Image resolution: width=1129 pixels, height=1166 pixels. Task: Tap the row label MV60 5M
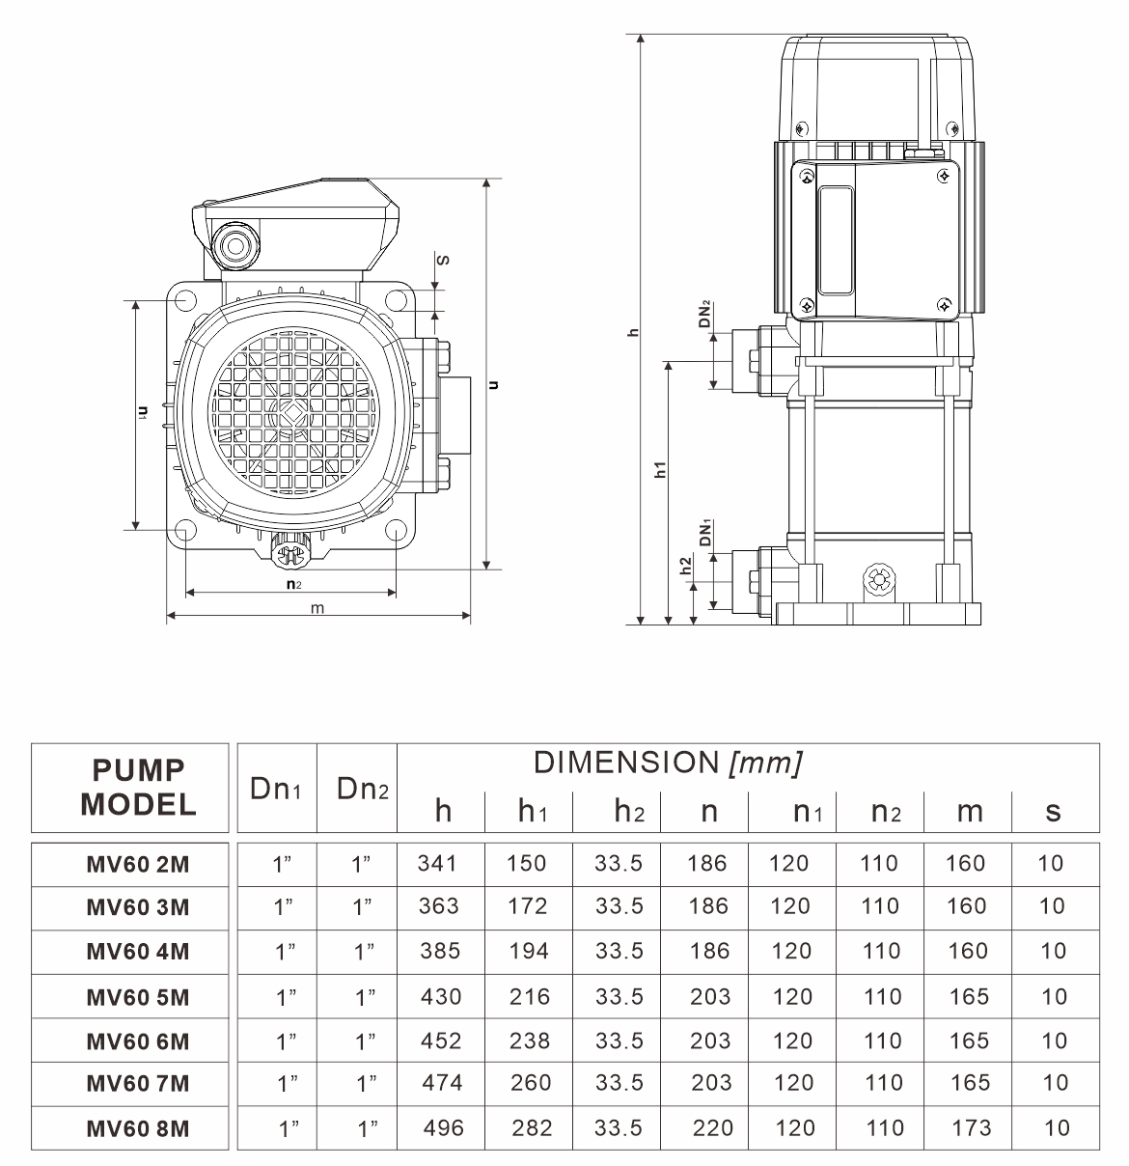[x=138, y=997]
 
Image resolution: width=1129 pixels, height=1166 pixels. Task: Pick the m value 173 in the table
[x=970, y=1127]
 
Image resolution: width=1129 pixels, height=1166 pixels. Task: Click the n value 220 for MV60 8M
[x=712, y=1127]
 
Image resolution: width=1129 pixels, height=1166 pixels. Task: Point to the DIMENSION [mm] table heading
[x=668, y=763]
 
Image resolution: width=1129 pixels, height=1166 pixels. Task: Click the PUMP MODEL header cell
[x=138, y=788]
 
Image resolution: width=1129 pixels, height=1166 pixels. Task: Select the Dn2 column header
[x=363, y=789]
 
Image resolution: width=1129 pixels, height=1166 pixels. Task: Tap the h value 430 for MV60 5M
[x=440, y=996]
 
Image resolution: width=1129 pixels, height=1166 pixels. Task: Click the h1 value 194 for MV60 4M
[x=529, y=951]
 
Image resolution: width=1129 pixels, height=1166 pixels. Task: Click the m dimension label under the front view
[x=317, y=608]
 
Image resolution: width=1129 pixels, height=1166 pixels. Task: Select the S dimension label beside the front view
[x=443, y=260]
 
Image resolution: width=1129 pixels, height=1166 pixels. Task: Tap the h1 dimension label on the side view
[x=660, y=470]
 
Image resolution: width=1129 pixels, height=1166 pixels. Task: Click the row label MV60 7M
[x=138, y=1084]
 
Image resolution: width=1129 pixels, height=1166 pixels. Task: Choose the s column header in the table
[x=1053, y=812]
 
